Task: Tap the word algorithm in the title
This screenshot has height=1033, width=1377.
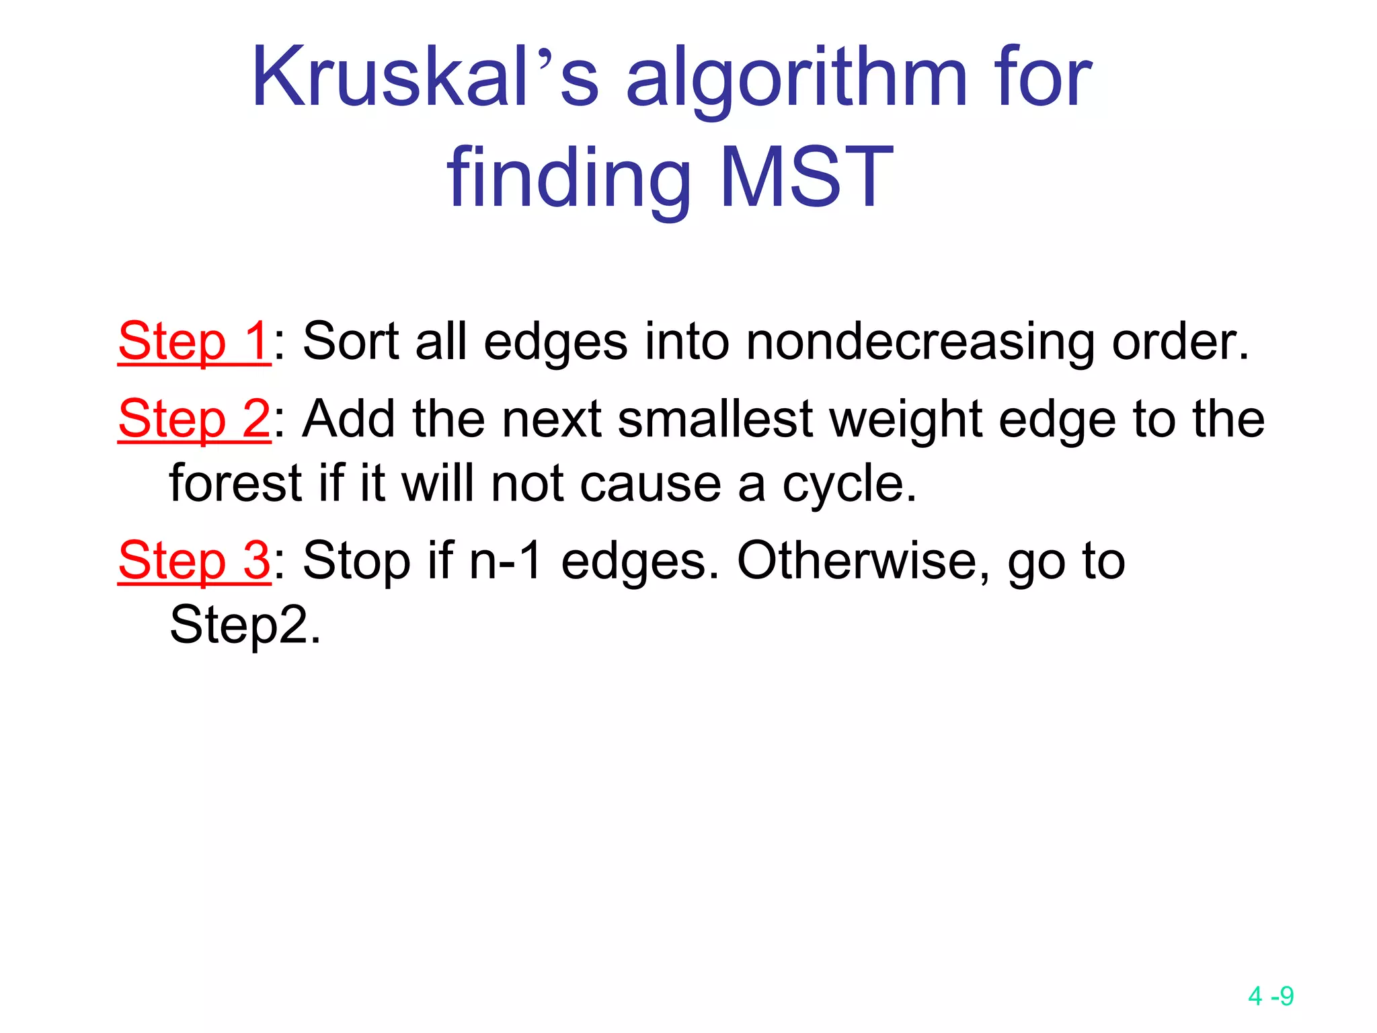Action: (797, 81)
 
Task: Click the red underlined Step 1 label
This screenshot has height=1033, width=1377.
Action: (194, 342)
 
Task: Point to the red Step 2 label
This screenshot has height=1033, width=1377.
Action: (194, 419)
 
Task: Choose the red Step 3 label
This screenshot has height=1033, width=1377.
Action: (194, 561)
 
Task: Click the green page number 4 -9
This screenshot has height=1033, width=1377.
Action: (1270, 996)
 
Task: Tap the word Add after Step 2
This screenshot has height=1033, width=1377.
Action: (348, 419)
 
